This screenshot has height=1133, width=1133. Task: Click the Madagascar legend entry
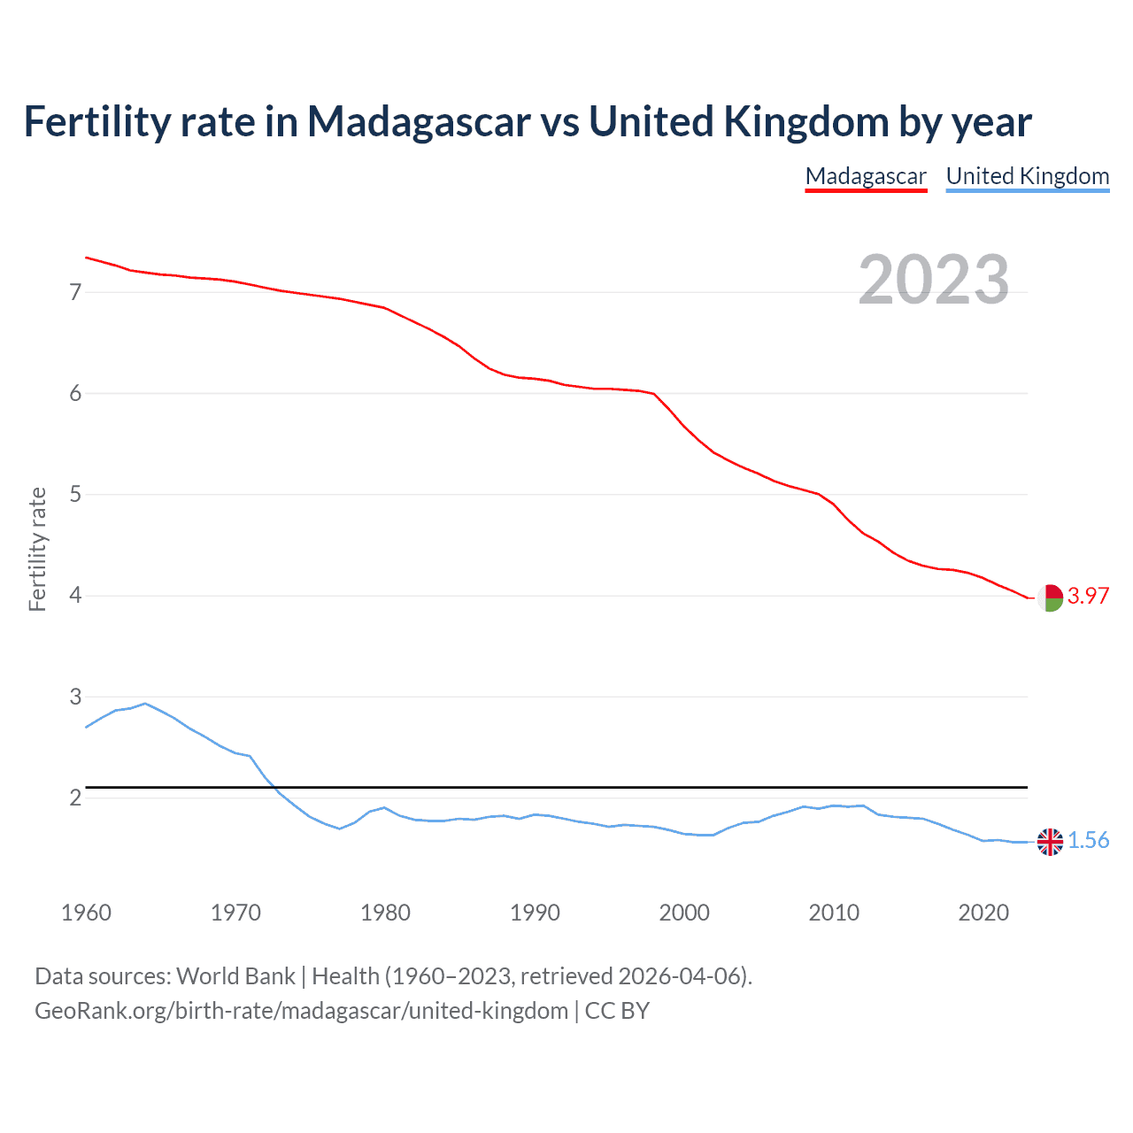866,176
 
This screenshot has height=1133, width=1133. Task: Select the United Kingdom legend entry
1027,176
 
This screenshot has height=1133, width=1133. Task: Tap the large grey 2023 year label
934,280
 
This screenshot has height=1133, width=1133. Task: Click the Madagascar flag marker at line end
1050,597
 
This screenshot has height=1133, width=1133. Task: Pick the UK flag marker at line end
1050,842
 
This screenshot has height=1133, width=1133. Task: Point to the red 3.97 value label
1088,596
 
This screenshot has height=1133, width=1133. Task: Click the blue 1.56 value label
1088,840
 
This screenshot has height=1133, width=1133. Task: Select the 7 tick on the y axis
75,292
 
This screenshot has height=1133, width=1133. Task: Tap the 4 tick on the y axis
75,596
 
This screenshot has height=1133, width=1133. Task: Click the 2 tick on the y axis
75,798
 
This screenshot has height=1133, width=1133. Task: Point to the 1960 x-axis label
86,913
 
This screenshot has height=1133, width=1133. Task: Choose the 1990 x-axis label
535,913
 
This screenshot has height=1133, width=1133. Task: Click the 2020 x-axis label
983,913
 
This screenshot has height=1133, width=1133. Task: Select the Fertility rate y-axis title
37,549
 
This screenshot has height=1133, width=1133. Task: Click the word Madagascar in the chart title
419,121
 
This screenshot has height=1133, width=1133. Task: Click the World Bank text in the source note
235,976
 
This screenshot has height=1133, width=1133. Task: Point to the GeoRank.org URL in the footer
301,1011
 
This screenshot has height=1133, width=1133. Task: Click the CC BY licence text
617,1011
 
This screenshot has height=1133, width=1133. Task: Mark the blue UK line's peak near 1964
145,704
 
